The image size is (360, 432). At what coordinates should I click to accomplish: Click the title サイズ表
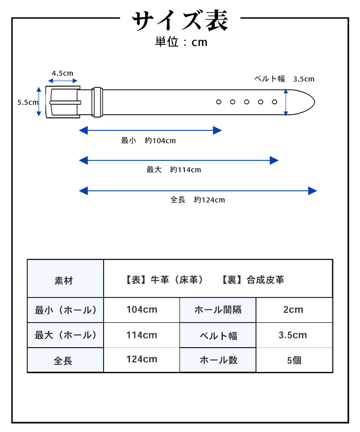point(180,21)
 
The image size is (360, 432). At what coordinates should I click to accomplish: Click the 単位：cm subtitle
point(181,42)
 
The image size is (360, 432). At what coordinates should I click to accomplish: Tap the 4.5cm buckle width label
point(62,73)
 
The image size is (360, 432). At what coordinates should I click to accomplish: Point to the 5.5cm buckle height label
point(28,102)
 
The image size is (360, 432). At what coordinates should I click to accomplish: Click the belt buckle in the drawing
point(63,102)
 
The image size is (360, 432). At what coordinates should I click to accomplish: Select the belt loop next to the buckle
point(97,102)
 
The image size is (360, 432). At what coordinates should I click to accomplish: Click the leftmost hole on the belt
point(218,102)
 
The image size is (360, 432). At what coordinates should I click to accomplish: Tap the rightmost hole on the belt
point(274,102)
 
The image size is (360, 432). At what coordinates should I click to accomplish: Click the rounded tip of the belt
point(308,102)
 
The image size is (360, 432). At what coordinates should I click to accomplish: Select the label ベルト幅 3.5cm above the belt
point(284,79)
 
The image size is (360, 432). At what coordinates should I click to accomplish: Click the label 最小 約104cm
point(148,140)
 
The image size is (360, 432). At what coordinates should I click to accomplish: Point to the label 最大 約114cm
point(174,170)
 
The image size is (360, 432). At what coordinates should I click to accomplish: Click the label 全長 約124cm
point(198,200)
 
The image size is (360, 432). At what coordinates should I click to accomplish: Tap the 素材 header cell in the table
point(64,280)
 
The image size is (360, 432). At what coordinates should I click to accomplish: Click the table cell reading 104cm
point(142,310)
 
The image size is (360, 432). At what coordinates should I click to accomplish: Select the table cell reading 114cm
point(142,335)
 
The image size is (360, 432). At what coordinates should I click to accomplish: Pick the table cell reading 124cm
point(142,359)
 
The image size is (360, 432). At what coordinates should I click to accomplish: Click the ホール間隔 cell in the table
point(218,310)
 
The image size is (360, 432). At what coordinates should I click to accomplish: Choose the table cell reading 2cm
point(293,310)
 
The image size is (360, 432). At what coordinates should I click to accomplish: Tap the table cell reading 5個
point(294,360)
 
